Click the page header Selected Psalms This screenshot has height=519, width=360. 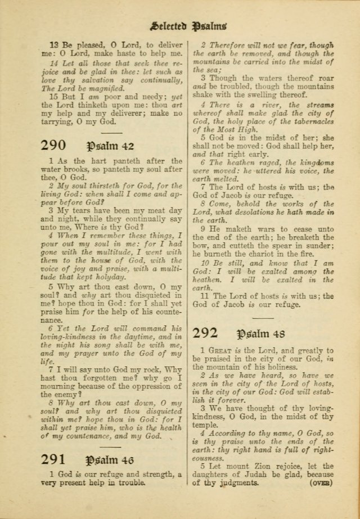pyautogui.click(x=188, y=25)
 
